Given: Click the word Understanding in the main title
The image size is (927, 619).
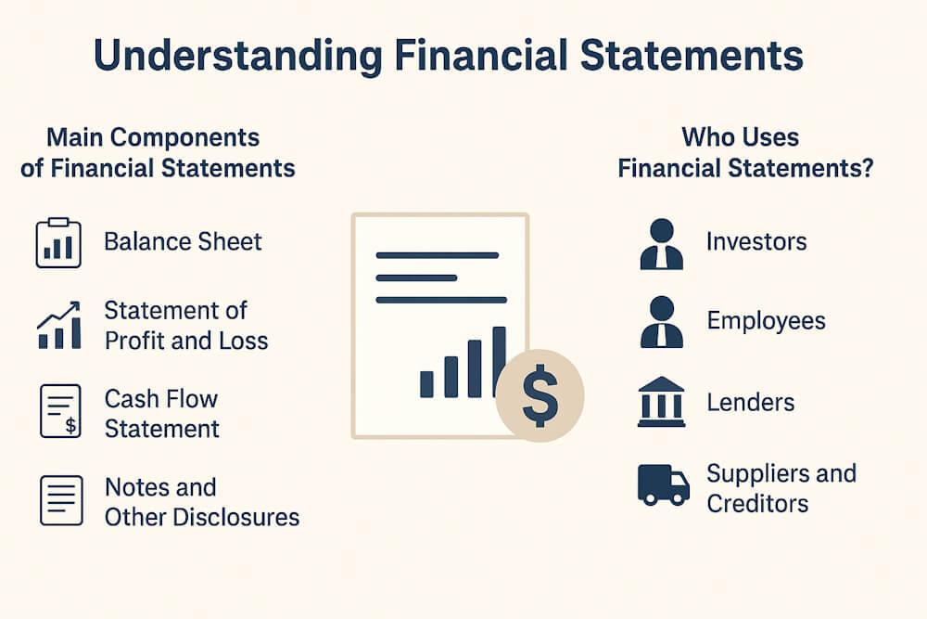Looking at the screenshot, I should [x=235, y=57].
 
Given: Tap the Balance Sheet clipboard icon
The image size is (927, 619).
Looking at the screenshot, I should [x=58, y=243].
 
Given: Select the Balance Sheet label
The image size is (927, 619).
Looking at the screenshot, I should [x=183, y=242].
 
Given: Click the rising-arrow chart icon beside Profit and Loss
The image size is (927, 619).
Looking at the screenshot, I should [x=58, y=326].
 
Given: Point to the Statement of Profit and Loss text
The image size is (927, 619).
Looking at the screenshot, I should [x=185, y=325].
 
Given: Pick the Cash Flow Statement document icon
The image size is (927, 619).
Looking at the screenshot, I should [x=58, y=410].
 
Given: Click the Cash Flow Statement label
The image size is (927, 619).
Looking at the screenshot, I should [x=161, y=413].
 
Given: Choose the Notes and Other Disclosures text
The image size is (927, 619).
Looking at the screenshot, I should [x=201, y=502].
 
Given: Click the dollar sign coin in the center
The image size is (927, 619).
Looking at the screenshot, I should [x=540, y=393].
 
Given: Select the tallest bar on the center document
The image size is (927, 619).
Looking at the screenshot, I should [x=499, y=361].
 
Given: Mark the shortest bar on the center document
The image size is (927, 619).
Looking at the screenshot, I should [x=427, y=383].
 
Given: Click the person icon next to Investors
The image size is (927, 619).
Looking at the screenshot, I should [x=662, y=244].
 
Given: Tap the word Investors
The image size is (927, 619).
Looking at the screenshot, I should [x=756, y=242].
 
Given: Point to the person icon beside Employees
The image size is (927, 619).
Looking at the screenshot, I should [x=662, y=322].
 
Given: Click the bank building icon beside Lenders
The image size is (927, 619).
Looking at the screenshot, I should [x=662, y=402].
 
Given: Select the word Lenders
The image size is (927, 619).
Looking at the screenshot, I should [x=750, y=403].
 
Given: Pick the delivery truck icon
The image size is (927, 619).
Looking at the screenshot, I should [x=664, y=485].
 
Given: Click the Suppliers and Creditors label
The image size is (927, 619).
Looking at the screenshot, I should [x=781, y=488].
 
